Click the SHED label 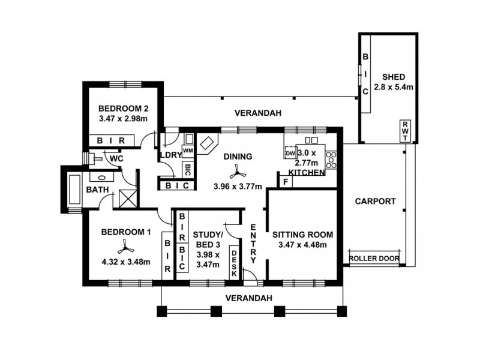394,77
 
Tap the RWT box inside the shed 404,131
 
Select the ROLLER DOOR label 374,259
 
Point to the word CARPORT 374,202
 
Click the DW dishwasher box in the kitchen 291,153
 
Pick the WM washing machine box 188,150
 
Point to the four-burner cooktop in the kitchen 331,160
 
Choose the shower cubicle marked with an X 127,197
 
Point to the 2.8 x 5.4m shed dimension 394,87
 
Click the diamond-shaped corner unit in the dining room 208,145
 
